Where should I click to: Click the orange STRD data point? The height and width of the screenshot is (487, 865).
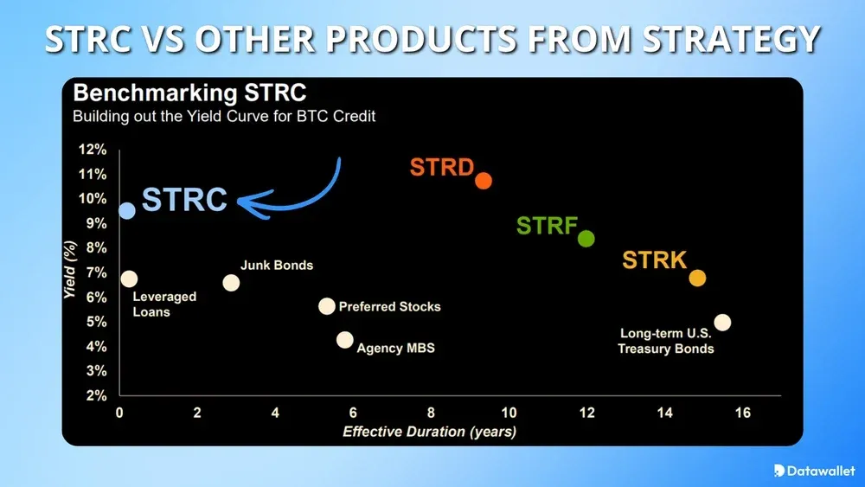click(484, 181)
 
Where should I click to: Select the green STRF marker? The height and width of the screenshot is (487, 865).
click(586, 239)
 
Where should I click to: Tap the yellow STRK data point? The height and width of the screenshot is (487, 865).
click(697, 278)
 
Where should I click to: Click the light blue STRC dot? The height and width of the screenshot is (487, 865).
click(127, 210)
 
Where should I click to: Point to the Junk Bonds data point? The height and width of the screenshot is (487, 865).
click(231, 283)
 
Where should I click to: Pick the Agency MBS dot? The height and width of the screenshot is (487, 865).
click(345, 340)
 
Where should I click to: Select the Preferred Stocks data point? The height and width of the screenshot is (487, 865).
click(326, 306)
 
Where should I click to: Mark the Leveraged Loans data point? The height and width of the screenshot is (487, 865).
click(130, 279)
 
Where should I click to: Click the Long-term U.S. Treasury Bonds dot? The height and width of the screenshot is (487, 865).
click(722, 322)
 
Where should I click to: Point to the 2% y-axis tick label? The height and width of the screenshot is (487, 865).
click(97, 395)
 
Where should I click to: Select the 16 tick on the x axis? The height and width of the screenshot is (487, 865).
click(742, 413)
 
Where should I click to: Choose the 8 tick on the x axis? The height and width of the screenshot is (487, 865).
click(431, 413)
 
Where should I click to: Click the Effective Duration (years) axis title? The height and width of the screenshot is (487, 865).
click(430, 431)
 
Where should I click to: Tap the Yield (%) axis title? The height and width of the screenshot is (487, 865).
click(73, 271)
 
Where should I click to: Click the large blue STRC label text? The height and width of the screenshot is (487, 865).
click(184, 200)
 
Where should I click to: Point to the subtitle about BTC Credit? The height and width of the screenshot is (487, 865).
click(224, 116)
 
